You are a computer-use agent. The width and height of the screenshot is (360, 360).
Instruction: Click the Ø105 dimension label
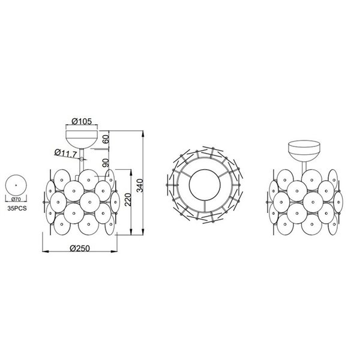click(82, 122)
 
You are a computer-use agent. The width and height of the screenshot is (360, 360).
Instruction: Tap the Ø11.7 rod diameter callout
click(65, 154)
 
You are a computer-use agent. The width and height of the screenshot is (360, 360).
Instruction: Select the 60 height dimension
click(106, 139)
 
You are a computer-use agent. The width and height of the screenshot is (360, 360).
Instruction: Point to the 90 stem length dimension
click(106, 161)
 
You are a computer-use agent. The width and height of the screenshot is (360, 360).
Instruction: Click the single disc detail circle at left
click(16, 184)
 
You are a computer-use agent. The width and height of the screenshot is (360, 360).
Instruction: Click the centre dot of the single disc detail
click(16, 184)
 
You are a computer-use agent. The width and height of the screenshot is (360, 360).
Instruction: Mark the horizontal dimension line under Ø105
click(82, 127)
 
